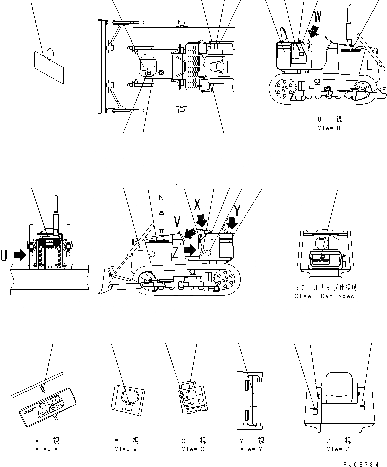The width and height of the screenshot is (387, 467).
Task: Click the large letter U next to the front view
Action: click(4, 255)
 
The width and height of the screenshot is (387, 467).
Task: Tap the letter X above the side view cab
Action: click(198, 203)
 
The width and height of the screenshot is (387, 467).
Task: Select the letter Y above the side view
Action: click(237, 210)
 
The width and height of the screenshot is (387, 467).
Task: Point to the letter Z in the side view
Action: click(176, 253)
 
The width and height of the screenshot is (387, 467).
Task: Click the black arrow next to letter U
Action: click(19, 255)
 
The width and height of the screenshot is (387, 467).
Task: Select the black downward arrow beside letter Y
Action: click(231, 222)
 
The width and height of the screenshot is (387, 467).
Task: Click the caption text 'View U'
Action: click(329, 128)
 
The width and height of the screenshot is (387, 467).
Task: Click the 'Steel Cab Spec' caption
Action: click(324, 296)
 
